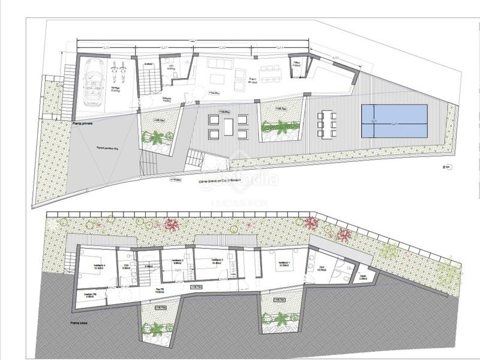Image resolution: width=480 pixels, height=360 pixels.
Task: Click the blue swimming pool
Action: point(394,122)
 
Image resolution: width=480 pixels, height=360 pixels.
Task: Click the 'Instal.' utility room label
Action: point(362,278)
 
